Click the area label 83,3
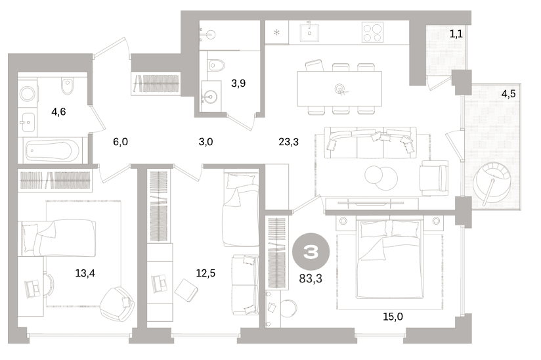tap(311, 278)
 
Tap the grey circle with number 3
tap(311, 252)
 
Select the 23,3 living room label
tap(288, 141)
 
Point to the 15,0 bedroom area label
tap(393, 316)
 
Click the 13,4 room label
tap(85, 273)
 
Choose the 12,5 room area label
tap(206, 273)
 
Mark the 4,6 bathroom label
tap(58, 112)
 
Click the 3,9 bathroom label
tap(238, 83)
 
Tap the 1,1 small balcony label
tap(456, 34)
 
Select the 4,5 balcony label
tap(508, 93)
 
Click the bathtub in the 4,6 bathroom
tap(53, 150)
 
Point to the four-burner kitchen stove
tap(373, 32)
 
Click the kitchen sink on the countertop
tap(309, 32)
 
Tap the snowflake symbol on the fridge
tap(276, 32)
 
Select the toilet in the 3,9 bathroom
tap(215, 64)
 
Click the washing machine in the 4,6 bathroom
tap(28, 93)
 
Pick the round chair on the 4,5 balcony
tap(492, 182)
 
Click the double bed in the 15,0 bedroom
tap(390, 258)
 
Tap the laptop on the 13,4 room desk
tap(32, 289)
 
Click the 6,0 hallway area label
tap(120, 141)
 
